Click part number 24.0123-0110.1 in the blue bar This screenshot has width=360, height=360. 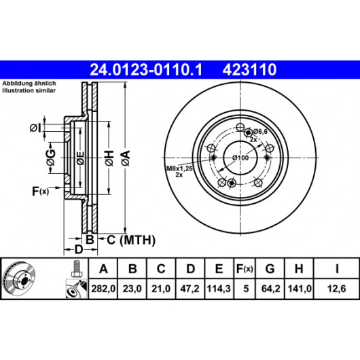click(146, 70)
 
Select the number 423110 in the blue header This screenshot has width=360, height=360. click(249, 70)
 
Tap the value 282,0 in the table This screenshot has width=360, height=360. click(103, 289)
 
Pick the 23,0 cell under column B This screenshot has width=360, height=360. click(132, 289)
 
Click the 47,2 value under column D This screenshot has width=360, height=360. click(190, 289)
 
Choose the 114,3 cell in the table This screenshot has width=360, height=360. click(219, 289)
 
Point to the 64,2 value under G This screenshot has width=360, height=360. click(271, 289)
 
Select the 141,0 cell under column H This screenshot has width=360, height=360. click(300, 289)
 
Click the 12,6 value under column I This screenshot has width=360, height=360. click(336, 289)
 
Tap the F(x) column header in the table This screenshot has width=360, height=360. click(245, 268)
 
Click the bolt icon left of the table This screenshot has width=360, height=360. click(77, 268)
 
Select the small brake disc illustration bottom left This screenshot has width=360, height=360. click(19, 278)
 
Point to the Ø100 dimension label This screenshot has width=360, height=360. click(240, 158)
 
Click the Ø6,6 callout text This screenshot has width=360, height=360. click(260, 132)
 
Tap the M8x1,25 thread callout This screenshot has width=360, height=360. click(179, 168)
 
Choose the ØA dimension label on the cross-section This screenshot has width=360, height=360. click(126, 158)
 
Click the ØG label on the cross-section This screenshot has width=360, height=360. click(51, 158)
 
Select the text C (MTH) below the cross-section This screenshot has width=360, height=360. click(131, 240)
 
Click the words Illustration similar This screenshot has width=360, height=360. click(29, 90)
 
